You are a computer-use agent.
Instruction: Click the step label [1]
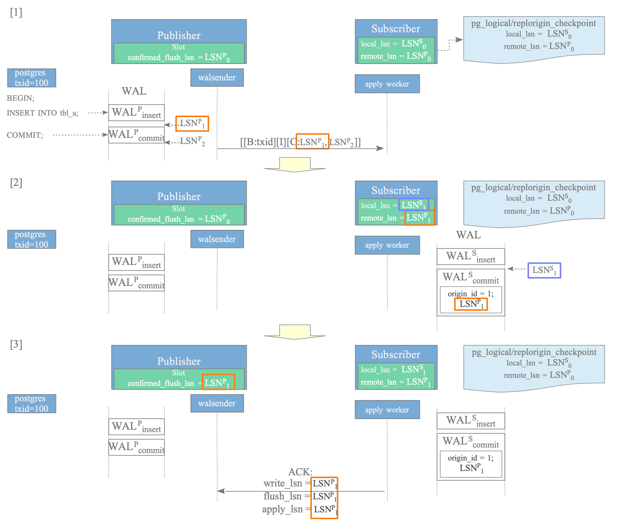16,13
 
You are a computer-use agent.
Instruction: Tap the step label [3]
16,344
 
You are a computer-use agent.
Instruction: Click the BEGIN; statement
21,98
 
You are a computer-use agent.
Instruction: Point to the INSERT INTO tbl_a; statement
43,113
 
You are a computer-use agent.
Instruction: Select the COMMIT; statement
25,135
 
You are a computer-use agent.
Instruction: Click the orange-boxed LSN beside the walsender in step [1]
192,124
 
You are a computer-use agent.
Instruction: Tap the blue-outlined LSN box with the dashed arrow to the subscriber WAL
544,270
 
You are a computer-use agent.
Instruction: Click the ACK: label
300,472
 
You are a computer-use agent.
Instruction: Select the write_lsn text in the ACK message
283,483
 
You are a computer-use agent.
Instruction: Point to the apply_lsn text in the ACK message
283,509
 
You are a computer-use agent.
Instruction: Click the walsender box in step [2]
217,239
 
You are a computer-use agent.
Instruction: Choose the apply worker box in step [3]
387,410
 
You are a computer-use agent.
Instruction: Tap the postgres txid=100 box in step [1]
32,78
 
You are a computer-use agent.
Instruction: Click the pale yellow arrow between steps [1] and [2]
295,164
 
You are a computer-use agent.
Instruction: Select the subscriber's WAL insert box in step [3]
471,421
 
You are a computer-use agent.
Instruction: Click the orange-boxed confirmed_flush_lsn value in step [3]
218,382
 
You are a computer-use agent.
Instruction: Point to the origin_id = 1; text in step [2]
471,294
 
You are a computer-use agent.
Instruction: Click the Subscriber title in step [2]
396,190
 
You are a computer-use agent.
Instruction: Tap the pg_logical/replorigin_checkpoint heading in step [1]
534,23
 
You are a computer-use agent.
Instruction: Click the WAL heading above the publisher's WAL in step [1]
134,91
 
